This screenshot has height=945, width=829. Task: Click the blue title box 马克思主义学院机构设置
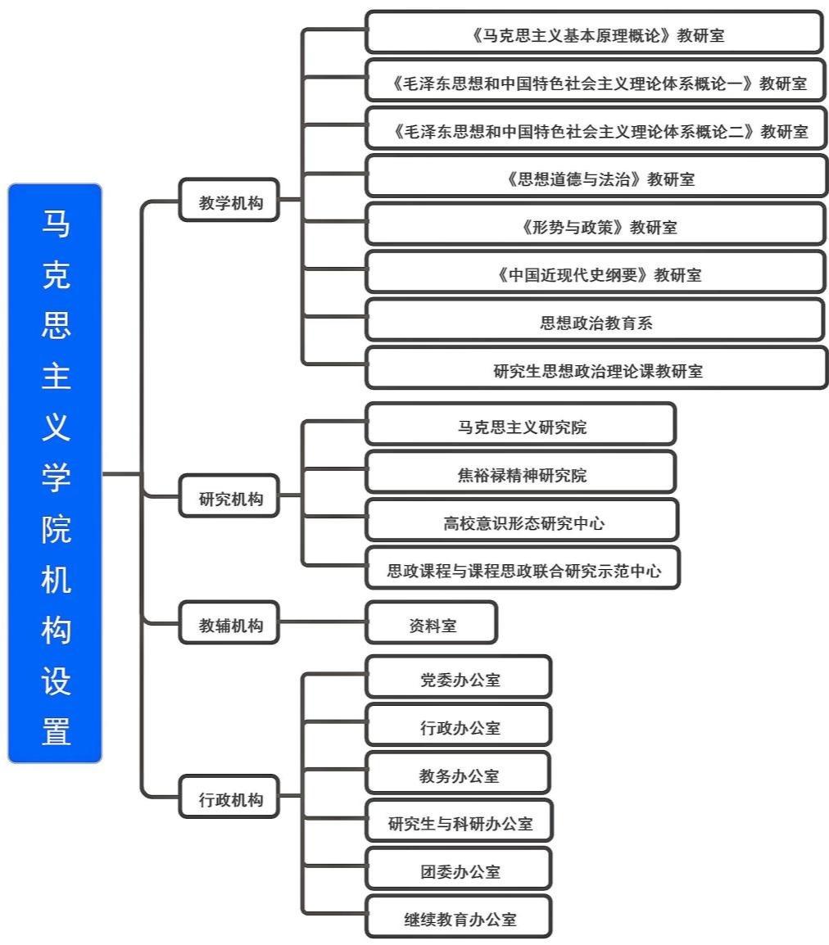coord(55,472)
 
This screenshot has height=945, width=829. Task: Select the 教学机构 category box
coord(229,201)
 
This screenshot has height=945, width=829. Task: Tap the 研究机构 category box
coord(229,496)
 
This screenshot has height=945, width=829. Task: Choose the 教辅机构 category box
coord(229,623)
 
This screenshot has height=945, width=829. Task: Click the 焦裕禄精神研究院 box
coord(521,472)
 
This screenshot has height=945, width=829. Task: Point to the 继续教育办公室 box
coord(459,917)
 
